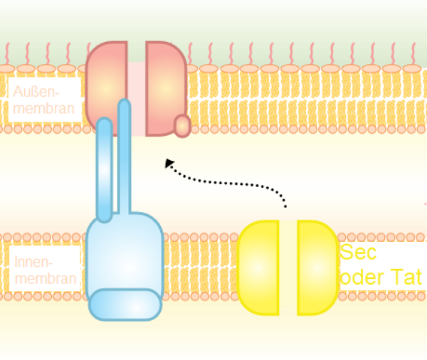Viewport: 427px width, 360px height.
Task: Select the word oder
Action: (363, 277)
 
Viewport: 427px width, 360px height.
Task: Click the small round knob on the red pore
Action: (182, 126)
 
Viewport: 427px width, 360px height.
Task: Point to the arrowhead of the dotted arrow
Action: (168, 163)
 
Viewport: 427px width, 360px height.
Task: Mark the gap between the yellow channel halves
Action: (288, 268)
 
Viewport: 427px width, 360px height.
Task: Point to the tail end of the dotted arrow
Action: (285, 207)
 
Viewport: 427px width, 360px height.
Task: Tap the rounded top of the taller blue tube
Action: (125, 105)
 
